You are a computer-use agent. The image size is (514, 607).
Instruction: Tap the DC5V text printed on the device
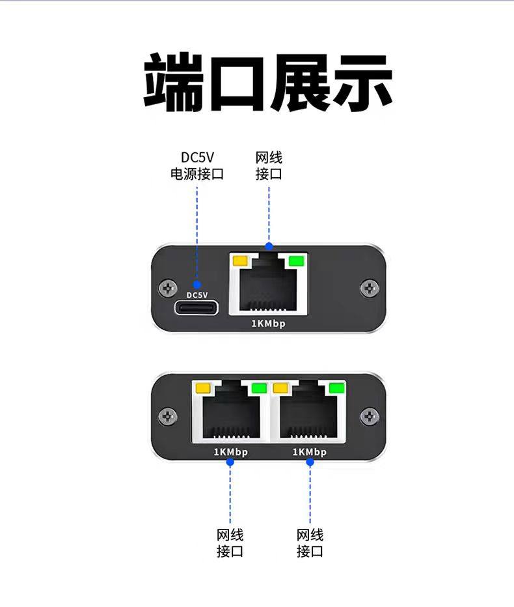[196, 294]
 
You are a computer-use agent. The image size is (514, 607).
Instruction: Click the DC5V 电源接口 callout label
[196, 166]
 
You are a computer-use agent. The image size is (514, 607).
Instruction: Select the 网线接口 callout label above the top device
[269, 166]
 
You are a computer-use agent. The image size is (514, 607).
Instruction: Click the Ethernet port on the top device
[269, 287]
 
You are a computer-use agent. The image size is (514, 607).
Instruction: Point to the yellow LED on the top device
[240, 261]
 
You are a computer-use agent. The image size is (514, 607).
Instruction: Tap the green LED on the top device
[297, 261]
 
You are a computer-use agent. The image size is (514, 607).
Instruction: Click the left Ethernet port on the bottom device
[230, 413]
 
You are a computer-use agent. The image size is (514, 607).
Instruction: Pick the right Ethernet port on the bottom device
[309, 413]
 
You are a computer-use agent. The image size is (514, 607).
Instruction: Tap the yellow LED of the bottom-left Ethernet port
[202, 388]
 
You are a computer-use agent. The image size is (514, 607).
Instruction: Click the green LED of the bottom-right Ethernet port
[336, 388]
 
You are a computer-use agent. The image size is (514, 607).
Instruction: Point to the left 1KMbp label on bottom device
[230, 452]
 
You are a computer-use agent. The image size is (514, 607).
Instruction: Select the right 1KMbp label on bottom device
[310, 452]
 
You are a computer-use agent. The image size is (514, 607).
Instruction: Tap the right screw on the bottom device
[370, 415]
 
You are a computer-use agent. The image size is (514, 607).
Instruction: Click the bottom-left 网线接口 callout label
[230, 543]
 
